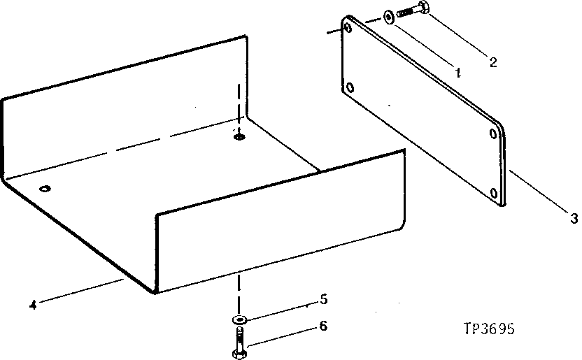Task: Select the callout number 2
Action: pyautogui.click(x=493, y=62)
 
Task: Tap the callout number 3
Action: pyautogui.click(x=574, y=219)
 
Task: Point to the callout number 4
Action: pyautogui.click(x=32, y=304)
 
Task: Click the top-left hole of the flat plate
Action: pyautogui.click(x=348, y=28)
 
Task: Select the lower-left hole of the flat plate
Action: pyautogui.click(x=350, y=88)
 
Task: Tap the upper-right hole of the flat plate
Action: pyautogui.click(x=494, y=133)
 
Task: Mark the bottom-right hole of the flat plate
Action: pyautogui.click(x=495, y=193)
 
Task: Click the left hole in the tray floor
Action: pyautogui.click(x=45, y=189)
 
